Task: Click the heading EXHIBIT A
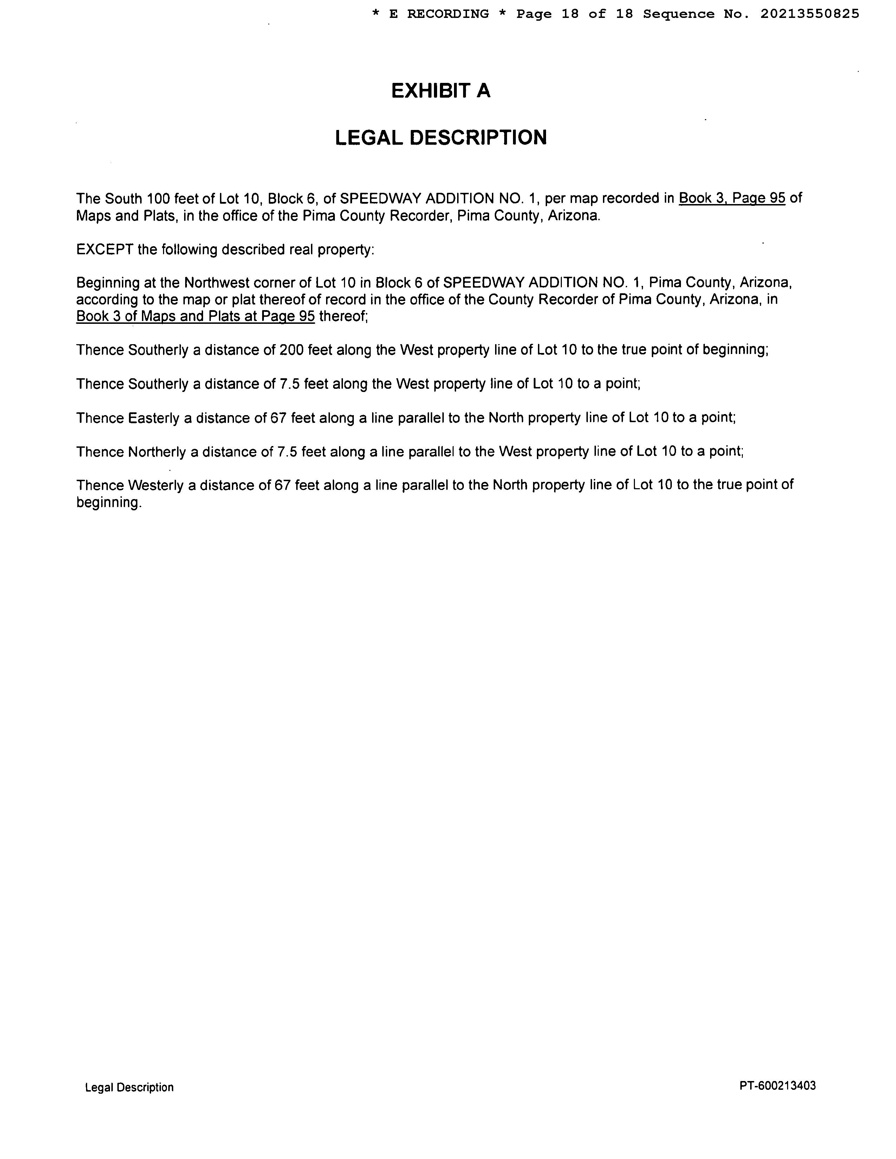pyautogui.click(x=441, y=91)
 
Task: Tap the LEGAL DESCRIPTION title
pyautogui.click(x=441, y=137)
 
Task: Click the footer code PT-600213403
pyautogui.click(x=777, y=1086)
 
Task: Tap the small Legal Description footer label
pyautogui.click(x=129, y=1087)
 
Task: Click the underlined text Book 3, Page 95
pyautogui.click(x=732, y=198)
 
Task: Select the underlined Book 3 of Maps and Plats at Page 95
pyautogui.click(x=195, y=316)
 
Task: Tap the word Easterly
pyautogui.click(x=154, y=418)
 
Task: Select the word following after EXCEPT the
pyautogui.click(x=189, y=249)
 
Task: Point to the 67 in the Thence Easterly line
pyautogui.click(x=278, y=418)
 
